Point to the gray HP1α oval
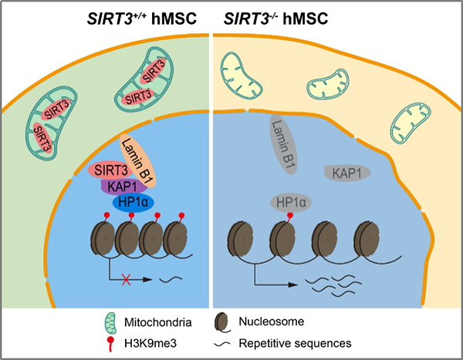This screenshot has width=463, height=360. tap(291, 204)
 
